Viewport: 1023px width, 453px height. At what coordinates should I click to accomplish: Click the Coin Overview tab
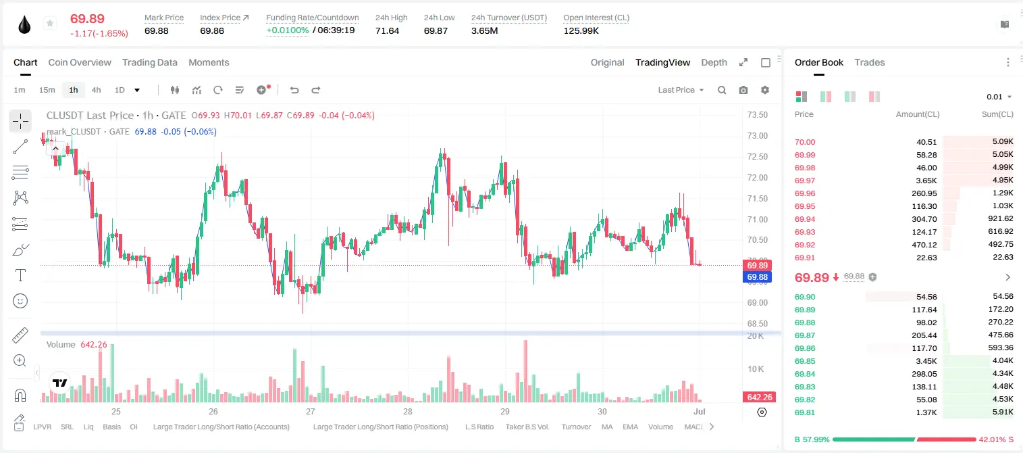pyautogui.click(x=80, y=62)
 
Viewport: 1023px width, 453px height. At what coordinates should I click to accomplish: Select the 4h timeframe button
pyautogui.click(x=96, y=90)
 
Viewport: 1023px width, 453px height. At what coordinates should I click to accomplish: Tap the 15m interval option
pyautogui.click(x=47, y=90)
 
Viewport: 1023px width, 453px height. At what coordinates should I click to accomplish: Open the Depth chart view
pyautogui.click(x=714, y=62)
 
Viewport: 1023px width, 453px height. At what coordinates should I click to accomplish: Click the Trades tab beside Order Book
pyautogui.click(x=870, y=62)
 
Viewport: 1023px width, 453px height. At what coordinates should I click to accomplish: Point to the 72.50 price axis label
pyautogui.click(x=757, y=157)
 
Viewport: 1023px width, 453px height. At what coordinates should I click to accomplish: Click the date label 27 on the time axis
pyautogui.click(x=311, y=411)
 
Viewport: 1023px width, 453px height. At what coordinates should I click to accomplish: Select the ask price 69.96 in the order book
pyautogui.click(x=805, y=193)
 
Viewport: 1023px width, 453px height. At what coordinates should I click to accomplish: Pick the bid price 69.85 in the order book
pyautogui.click(x=805, y=361)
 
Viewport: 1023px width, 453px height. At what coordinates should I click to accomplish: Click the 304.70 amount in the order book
pyautogui.click(x=924, y=219)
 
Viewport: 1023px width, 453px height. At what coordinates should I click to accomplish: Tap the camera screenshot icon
pyautogui.click(x=743, y=90)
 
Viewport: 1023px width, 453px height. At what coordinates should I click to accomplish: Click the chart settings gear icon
pyautogui.click(x=765, y=90)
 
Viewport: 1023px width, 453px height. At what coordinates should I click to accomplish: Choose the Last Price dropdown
pyautogui.click(x=681, y=90)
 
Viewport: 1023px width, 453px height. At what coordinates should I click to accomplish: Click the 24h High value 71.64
pyautogui.click(x=388, y=30)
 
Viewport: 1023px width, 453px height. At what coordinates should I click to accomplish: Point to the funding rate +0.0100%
pyautogui.click(x=288, y=30)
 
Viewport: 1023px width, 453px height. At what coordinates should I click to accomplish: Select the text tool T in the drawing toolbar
pyautogui.click(x=20, y=275)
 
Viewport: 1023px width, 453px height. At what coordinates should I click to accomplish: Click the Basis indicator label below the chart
pyautogui.click(x=111, y=427)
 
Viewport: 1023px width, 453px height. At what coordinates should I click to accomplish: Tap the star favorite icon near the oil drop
pyautogui.click(x=50, y=23)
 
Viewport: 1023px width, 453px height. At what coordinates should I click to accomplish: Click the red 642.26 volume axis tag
pyautogui.click(x=759, y=398)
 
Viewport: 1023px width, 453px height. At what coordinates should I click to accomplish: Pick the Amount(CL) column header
pyautogui.click(x=918, y=114)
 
